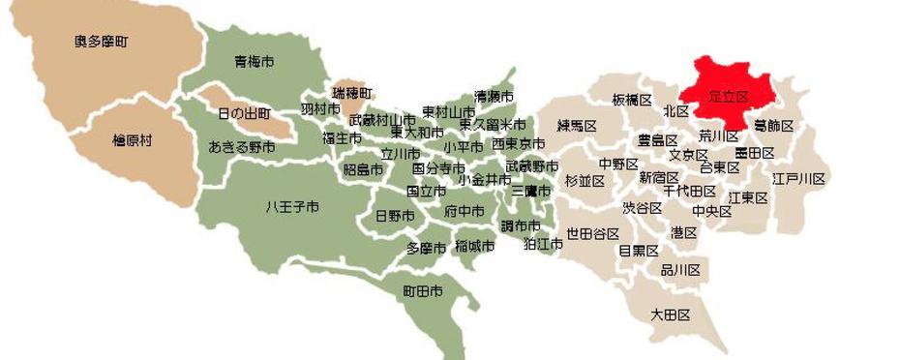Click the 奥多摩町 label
pos(102,42)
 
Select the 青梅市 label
pos(254,62)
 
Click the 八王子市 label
pos(291,207)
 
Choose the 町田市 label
pos(424,290)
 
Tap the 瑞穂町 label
pos(352,93)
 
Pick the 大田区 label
pos(670,315)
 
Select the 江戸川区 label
pos(798,179)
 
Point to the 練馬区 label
pos(576,125)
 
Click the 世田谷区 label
pos(592,233)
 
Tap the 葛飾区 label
pos(774,126)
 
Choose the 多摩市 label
pos(426,248)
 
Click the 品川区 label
pos(680,270)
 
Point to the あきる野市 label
pos(242,147)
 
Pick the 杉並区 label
pos(585,181)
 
